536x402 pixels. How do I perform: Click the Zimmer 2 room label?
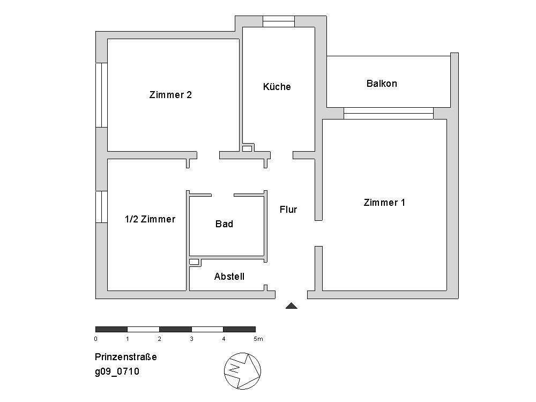coord(170,95)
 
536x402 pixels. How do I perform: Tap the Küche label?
coord(277,86)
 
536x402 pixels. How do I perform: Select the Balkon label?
coord(382,84)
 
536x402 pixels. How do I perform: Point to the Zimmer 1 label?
coord(384,203)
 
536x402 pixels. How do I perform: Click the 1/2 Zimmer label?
coord(150,219)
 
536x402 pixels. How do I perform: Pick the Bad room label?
coord(224,224)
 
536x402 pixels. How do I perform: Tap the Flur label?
coord(288,210)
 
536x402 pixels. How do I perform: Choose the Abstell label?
coord(229,277)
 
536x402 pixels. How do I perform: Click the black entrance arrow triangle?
coord(291,306)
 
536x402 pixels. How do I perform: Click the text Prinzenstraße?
coord(125,357)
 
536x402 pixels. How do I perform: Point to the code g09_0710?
coord(117,371)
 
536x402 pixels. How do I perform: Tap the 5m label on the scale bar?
coord(258,339)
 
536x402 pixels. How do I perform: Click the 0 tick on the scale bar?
coord(95,339)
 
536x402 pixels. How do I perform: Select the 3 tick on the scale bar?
coord(191,339)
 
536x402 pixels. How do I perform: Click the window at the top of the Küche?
coord(278,22)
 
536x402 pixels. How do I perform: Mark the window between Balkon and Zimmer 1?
coord(388,113)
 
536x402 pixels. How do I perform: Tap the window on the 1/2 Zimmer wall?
coord(101,206)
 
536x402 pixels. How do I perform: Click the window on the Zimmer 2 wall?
coord(101,95)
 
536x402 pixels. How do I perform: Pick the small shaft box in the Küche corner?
coord(247,148)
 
